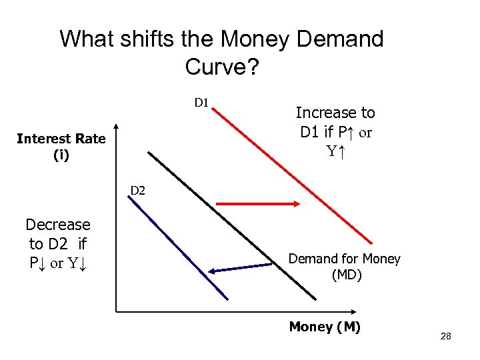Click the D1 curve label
202,103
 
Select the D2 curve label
138,191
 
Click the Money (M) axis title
325,327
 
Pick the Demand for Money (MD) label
345,266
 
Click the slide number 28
446,337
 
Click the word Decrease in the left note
58,225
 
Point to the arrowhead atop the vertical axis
117,128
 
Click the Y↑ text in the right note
335,151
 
